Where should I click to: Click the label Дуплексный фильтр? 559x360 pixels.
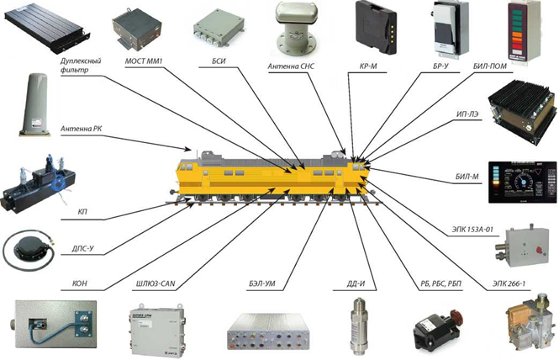tap(81, 66)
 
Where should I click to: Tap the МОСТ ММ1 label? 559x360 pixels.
tap(144, 61)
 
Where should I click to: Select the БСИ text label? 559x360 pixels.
tap(219, 61)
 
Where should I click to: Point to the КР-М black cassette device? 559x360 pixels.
tap(376, 27)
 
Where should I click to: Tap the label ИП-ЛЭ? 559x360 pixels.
tap(467, 114)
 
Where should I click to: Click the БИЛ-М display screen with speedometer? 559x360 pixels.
tap(522, 183)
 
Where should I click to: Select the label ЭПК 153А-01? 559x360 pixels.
tap(472, 229)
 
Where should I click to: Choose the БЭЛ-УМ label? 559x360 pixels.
tap(262, 284)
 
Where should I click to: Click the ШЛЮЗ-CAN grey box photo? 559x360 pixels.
tap(157, 330)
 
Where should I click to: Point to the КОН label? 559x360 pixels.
tap(80, 284)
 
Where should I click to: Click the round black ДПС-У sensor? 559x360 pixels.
tap(29, 247)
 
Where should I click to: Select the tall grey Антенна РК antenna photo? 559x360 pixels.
tap(35, 104)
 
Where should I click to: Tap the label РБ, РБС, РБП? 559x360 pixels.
tap(441, 284)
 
